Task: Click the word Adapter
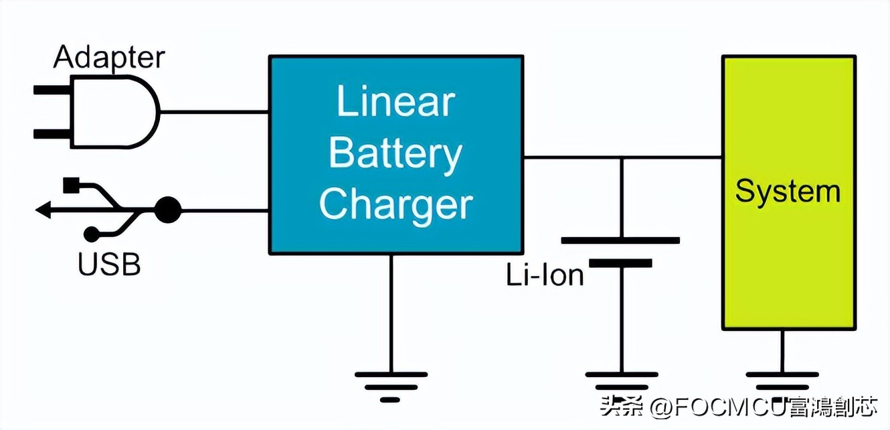(108, 57)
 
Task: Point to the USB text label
(109, 265)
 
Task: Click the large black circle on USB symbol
(168, 210)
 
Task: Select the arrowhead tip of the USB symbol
(42, 210)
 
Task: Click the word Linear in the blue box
(395, 102)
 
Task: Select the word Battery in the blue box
(395, 154)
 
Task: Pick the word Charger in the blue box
(395, 204)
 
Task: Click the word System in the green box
(788, 192)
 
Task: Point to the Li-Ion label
(545, 275)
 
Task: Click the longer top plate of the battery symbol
(620, 240)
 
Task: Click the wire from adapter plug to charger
(214, 111)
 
